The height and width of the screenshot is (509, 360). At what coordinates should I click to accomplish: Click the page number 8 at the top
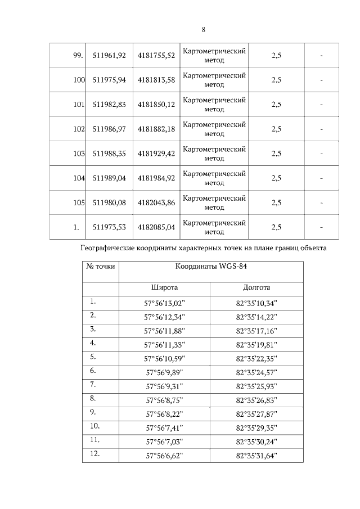coord(204,30)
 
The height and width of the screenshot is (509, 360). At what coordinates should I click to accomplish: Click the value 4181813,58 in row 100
coord(156,80)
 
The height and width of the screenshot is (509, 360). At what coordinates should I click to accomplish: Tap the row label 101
coord(79,104)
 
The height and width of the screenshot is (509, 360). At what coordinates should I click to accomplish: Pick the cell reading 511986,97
coord(109,129)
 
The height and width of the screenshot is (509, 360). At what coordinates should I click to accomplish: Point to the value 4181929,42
coord(156,154)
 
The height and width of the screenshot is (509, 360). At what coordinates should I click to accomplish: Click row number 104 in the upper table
coord(79,178)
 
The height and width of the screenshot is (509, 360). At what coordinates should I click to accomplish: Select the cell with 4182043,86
coord(156,203)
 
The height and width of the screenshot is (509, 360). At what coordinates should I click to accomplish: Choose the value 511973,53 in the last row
coord(109,227)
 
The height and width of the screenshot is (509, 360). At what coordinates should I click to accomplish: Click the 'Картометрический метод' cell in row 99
coord(214,55)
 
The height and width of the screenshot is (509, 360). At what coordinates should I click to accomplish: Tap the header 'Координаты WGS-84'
coord(211,267)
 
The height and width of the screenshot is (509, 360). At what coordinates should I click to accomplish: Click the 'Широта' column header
coord(165,288)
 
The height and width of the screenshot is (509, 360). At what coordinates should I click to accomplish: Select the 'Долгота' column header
coord(256,288)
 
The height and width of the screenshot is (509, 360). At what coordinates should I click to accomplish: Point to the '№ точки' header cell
coord(101,267)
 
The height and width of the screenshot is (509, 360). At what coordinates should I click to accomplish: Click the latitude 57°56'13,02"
coord(165,304)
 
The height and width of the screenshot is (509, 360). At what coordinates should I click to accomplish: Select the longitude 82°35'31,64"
coord(256,456)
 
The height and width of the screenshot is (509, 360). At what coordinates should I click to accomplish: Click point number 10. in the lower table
coord(94,426)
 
